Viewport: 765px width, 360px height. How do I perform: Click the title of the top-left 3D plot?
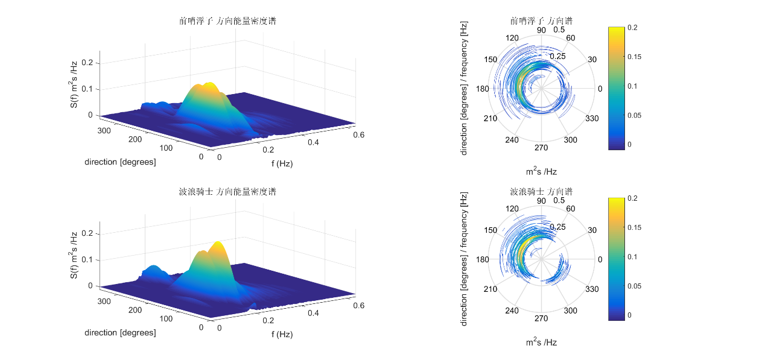(228, 21)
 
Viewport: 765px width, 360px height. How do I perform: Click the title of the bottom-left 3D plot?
(228, 192)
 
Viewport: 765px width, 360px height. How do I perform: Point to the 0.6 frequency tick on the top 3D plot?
(358, 136)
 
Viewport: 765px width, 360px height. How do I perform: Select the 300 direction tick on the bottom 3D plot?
(104, 301)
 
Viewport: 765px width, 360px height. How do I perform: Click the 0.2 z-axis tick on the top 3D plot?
(87, 63)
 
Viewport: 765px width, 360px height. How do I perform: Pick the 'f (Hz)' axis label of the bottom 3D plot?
(282, 334)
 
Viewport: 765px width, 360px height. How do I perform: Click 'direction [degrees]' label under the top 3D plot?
(120, 162)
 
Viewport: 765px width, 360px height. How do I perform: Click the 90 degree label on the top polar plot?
(541, 30)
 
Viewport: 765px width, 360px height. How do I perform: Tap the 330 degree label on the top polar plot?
(592, 118)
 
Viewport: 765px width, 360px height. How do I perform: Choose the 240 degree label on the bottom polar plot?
(512, 311)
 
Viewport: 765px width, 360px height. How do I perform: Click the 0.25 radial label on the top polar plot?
(557, 56)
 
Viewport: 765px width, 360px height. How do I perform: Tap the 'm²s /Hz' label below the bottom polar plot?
(541, 343)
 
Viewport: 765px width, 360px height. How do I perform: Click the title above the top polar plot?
(541, 21)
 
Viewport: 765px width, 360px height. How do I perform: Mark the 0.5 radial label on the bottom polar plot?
(559, 200)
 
